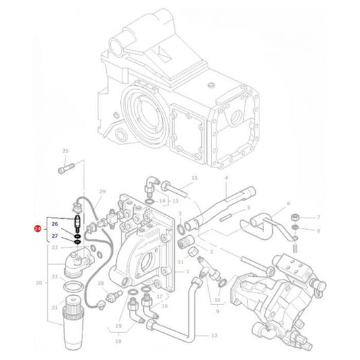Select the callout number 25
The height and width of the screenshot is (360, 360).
coord(66,151)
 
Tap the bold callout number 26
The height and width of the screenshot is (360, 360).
coord(55,224)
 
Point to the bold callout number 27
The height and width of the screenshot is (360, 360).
coord(55,236)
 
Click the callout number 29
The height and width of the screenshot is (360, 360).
coord(103,192)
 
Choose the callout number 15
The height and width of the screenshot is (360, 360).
coord(194,178)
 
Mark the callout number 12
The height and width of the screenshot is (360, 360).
coord(213,334)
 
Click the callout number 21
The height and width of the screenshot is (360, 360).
coord(55,307)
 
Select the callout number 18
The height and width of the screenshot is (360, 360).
coord(118,342)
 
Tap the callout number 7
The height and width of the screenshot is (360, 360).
coord(319,217)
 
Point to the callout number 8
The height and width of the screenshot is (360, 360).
coord(319,230)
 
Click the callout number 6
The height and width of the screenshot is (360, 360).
coord(288,203)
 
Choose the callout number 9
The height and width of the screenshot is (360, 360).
coord(217,311)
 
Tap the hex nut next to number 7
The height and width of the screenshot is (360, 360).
coord(295,217)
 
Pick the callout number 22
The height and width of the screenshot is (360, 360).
coord(55,278)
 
